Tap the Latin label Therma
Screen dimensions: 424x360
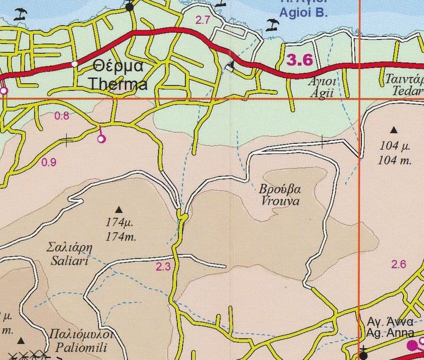pos(118,84)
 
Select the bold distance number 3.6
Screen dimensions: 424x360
pos(299,60)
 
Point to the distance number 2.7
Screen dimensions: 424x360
pos(202,21)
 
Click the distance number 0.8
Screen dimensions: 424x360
pos(62,116)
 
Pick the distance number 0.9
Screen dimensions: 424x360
pos(49,163)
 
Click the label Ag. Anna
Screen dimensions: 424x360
pos(386,333)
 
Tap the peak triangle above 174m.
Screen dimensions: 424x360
pos(118,209)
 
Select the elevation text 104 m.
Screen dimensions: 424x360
pos(395,161)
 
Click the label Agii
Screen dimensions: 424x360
pos(322,91)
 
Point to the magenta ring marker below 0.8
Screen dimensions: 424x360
pos(102,139)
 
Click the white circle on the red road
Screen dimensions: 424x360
pos(75,64)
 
